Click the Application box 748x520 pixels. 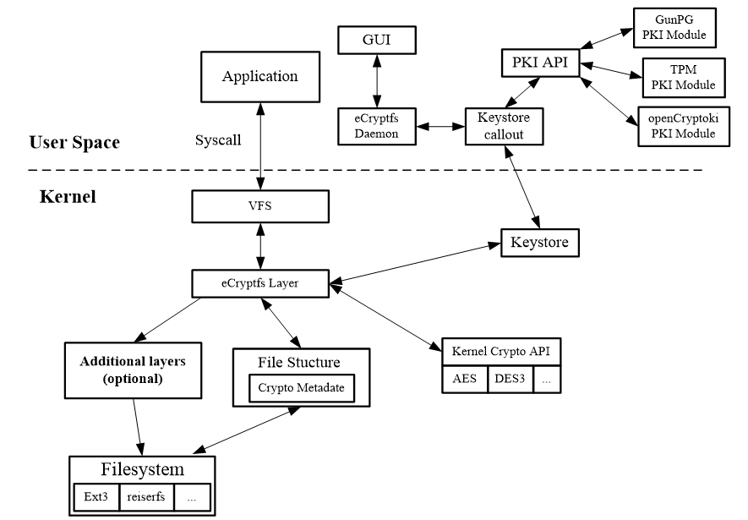[x=259, y=77]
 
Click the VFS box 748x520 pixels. [x=259, y=205]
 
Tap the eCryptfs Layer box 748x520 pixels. [x=259, y=282]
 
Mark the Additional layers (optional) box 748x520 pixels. [x=132, y=369]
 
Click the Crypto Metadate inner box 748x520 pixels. [x=301, y=388]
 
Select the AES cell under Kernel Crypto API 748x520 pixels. [x=464, y=380]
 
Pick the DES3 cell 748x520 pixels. [x=510, y=380]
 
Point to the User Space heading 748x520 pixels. [x=74, y=142]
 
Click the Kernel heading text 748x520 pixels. [x=68, y=197]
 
